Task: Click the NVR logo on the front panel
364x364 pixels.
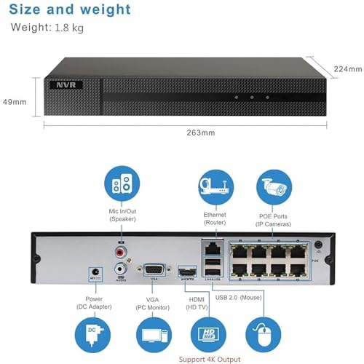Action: [x=66, y=85]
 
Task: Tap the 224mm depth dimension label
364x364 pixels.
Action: [x=348, y=69]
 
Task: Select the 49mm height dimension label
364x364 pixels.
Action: [x=15, y=102]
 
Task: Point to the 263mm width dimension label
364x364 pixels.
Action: [x=201, y=132]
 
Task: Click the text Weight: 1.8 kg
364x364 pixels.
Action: [x=47, y=28]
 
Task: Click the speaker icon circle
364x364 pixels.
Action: [x=122, y=183]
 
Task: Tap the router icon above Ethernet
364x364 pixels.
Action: [x=216, y=187]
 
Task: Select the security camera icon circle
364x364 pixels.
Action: [x=274, y=187]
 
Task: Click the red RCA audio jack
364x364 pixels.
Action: [x=121, y=253]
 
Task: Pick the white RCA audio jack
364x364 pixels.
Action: [x=120, y=269]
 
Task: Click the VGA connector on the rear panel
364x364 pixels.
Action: [x=154, y=270]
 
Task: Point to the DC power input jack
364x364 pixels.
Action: [x=95, y=272]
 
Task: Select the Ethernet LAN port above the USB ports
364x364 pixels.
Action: [x=213, y=248]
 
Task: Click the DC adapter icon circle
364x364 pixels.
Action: [x=92, y=335]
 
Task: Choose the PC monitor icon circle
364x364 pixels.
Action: [x=154, y=335]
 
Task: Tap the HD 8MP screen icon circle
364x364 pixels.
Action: [x=208, y=335]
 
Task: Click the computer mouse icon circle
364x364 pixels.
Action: [x=264, y=335]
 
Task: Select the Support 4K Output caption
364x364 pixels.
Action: [x=210, y=360]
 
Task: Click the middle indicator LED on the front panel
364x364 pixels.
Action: [x=252, y=98]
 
